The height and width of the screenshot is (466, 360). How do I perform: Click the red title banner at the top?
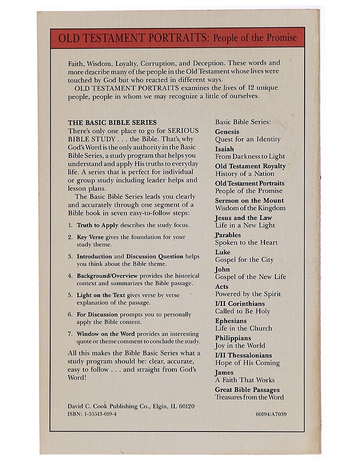point(177,38)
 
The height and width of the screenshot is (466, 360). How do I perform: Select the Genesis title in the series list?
point(228,132)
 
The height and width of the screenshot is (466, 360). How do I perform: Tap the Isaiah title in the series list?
point(225,149)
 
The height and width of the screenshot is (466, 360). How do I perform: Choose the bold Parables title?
point(228,235)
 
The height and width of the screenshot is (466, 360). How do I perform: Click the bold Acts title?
point(222,287)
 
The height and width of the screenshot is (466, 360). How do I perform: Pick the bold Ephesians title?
point(231,321)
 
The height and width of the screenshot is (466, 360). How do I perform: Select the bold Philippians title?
point(233,338)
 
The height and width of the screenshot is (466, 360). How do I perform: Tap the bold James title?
point(224,373)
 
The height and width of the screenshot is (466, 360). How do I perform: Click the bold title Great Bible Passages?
point(247,390)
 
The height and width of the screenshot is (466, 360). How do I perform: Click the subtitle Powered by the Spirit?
point(248,294)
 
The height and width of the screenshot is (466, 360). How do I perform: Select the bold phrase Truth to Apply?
point(98,225)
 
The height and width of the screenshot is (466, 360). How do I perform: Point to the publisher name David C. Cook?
point(86,404)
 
